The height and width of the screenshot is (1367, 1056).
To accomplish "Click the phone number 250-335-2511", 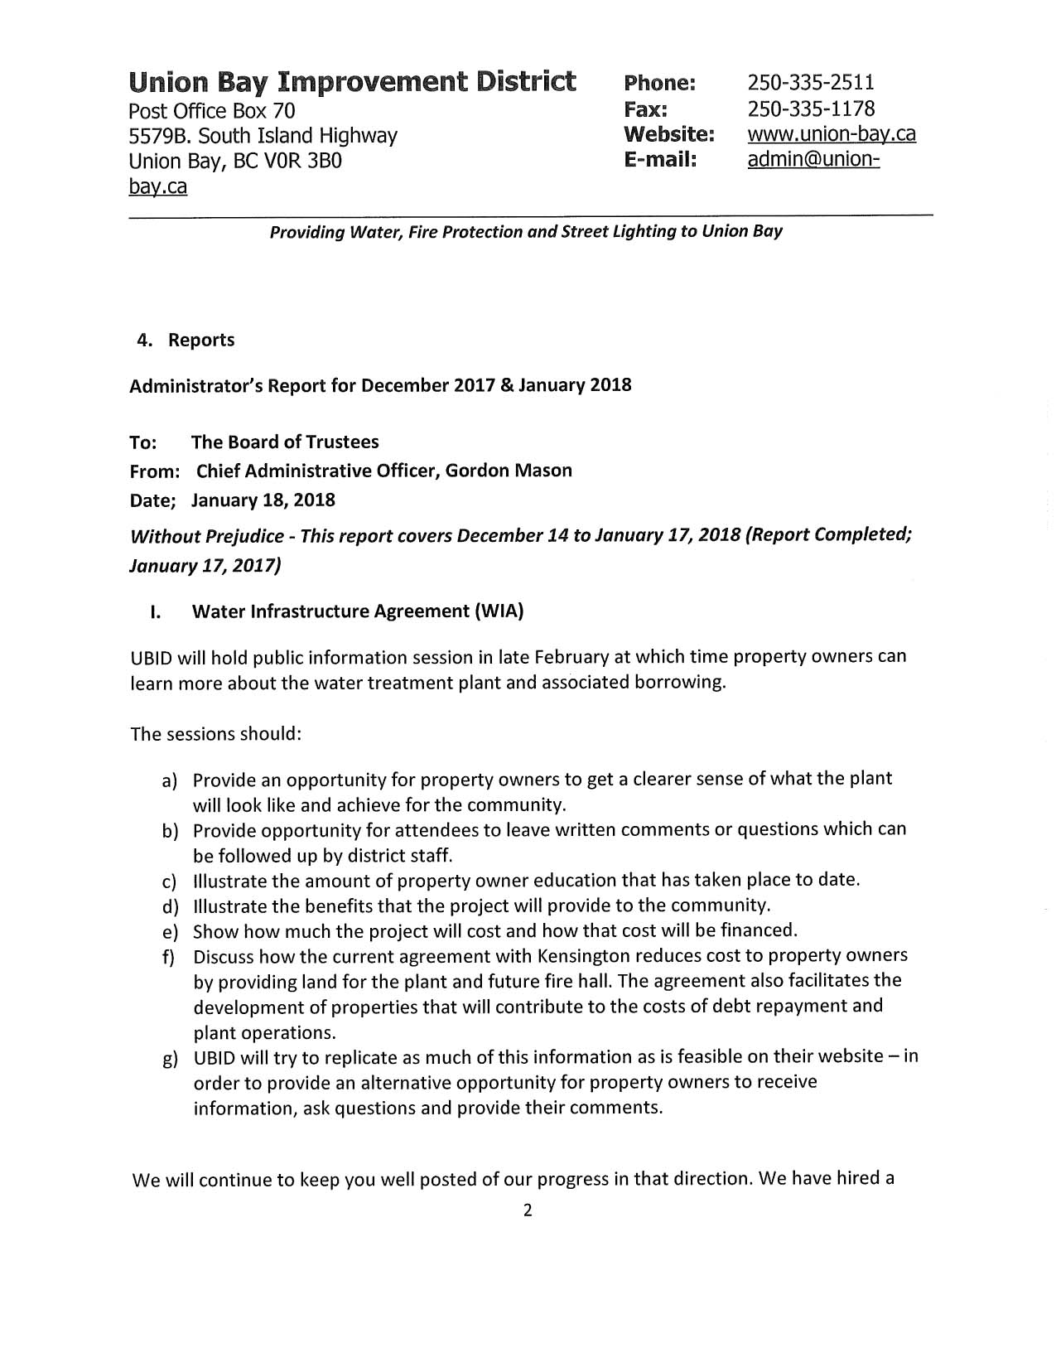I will (810, 83).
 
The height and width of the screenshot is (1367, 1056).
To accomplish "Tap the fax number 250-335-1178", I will (810, 109).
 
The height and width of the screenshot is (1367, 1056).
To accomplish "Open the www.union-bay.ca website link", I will (831, 134).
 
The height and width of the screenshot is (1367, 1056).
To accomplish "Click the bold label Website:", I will (668, 134).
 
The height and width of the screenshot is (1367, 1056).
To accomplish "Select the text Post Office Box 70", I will (212, 111).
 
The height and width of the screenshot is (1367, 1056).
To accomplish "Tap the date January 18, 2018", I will (263, 500).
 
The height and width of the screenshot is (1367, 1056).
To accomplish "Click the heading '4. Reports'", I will (186, 340).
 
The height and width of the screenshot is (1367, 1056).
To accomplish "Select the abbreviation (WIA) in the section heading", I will (498, 611).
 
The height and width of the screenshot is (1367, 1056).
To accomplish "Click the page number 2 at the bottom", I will (528, 1211).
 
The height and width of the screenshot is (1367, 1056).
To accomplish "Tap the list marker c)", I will (170, 881).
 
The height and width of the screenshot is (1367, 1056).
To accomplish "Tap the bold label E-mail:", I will (659, 160).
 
